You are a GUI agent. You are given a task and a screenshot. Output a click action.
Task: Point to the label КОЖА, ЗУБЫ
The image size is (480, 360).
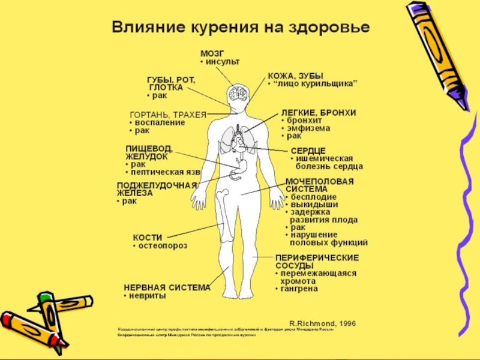[295, 76]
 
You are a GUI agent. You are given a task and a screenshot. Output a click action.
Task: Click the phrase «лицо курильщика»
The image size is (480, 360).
[317, 84]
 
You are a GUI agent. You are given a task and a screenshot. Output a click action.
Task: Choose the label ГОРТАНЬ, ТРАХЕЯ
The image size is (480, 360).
[168, 114]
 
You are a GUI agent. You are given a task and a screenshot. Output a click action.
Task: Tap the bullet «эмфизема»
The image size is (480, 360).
[309, 128]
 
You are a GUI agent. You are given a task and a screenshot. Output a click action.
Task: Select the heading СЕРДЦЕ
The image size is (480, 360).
[308, 149]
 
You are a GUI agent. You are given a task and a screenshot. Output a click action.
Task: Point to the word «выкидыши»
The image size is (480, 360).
[313, 205]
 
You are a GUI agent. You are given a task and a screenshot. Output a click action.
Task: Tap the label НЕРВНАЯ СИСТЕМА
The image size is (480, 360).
[167, 287]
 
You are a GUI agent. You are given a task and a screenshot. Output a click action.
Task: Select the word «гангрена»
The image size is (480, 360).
[299, 289]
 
